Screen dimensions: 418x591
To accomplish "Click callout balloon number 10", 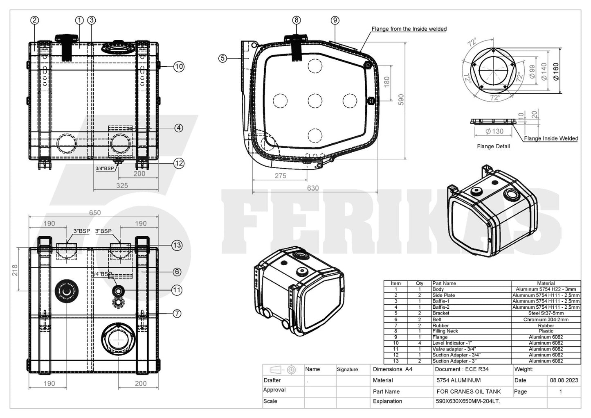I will [179, 66].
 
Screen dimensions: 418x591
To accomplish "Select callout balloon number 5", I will [222, 59].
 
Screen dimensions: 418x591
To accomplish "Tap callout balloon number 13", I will [177, 245].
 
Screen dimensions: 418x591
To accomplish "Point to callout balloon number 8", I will [297, 20].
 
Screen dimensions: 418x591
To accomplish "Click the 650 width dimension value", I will [95, 212].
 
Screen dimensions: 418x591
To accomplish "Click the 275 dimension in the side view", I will [281, 176].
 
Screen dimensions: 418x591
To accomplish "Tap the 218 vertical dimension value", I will [15, 270].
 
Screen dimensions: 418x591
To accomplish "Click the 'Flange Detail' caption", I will [493, 146].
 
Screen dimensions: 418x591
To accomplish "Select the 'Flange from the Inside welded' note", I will [409, 29].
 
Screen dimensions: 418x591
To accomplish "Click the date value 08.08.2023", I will [564, 380].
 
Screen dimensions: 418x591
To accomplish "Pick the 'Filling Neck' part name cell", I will [445, 331].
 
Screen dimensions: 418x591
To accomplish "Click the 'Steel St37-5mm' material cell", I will [546, 313].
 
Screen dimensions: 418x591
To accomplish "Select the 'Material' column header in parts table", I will [546, 283].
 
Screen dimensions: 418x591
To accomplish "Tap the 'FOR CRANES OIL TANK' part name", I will [469, 391].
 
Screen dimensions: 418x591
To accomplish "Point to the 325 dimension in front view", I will [122, 185].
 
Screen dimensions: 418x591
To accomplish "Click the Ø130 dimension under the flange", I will [494, 131].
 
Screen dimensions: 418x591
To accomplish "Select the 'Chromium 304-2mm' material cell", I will [546, 319].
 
